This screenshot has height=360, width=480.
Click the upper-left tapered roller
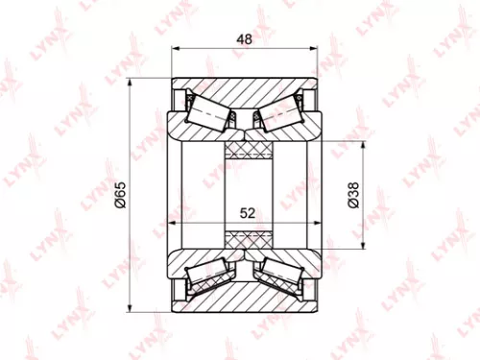pyautogui.click(x=205, y=113)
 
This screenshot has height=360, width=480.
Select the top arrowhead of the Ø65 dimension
pyautogui.click(x=131, y=79)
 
